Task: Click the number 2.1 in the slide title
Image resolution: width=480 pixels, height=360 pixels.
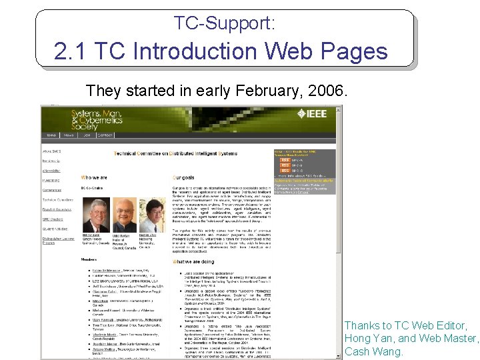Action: (71, 51)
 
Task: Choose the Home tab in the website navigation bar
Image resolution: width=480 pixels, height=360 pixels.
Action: (51, 135)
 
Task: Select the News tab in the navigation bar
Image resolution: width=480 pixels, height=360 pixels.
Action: (69, 135)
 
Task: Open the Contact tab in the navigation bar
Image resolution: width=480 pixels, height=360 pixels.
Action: (105, 135)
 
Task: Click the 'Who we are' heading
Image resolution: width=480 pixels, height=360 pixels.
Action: (93, 177)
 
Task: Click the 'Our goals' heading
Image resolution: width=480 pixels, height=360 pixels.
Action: (184, 177)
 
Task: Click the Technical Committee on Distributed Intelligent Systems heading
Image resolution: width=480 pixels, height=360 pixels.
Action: (175, 153)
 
